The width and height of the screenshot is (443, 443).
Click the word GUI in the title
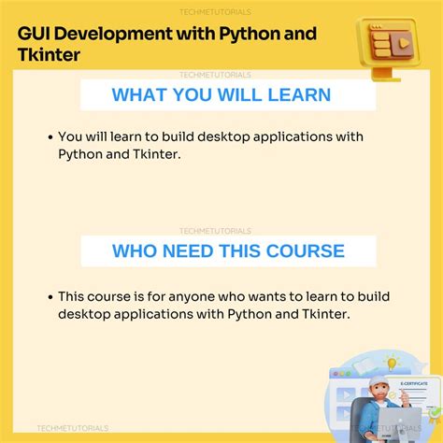tap(36, 35)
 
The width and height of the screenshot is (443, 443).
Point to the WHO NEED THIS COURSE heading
tap(228, 250)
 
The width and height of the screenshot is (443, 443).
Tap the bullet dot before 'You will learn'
tap(50, 137)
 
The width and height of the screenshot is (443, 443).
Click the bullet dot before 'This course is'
tap(50, 295)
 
